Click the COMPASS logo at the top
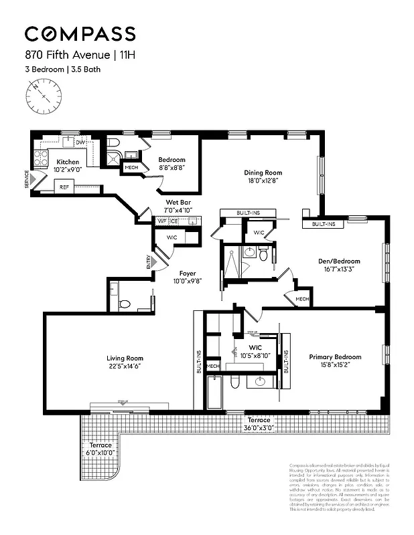point(80,33)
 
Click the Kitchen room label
point(68,162)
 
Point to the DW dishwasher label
point(80,142)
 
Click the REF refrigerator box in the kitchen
point(64,187)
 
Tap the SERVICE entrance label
point(27,179)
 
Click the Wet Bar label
point(179,203)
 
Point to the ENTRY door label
point(149,262)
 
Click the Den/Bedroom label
point(339,261)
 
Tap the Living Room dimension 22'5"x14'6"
point(125,366)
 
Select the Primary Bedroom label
point(335,357)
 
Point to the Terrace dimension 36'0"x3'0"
point(259,428)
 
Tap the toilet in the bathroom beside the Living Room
point(124,304)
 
